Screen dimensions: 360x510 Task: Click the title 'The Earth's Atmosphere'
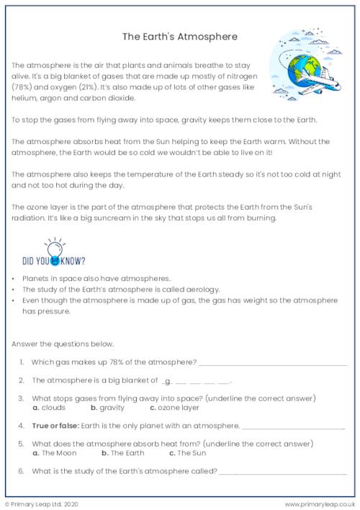pyautogui.click(x=180, y=34)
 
